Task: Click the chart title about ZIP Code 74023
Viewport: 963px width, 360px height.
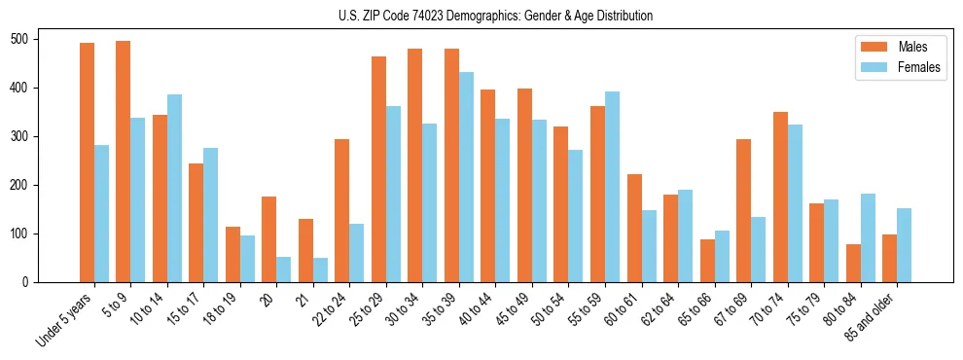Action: pos(481,16)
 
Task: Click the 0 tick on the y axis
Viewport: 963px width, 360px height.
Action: pos(31,282)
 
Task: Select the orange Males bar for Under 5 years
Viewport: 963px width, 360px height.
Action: pos(87,162)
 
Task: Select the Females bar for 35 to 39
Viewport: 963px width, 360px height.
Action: pos(467,177)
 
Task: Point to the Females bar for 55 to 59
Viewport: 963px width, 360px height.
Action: pos(613,187)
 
